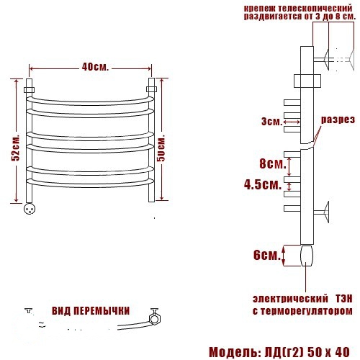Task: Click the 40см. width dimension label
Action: coord(95,67)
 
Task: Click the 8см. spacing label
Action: coord(273,163)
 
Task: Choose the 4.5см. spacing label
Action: coord(263,185)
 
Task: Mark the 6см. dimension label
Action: coord(267,255)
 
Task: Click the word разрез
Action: coord(338,120)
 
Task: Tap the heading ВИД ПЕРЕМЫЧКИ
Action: coord(91,311)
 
